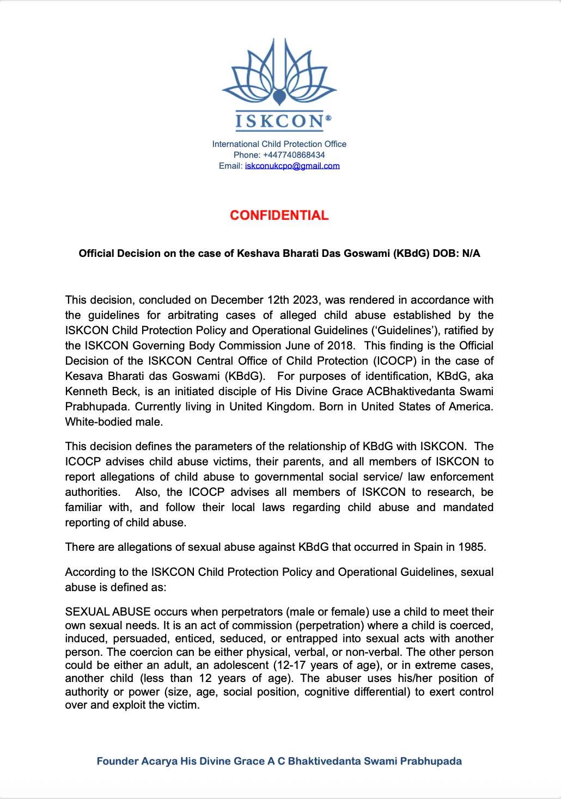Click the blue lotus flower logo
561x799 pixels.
click(x=279, y=73)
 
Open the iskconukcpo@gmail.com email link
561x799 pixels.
click(x=292, y=165)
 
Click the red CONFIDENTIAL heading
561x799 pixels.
click(x=279, y=215)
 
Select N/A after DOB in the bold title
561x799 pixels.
click(x=471, y=253)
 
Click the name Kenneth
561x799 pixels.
click(x=86, y=391)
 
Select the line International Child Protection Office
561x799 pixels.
click(x=279, y=144)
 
